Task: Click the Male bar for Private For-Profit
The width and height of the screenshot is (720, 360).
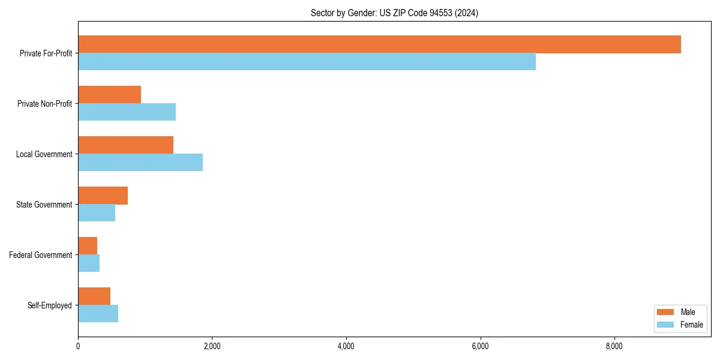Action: [x=379, y=44]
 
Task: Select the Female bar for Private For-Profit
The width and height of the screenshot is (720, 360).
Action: [x=307, y=62]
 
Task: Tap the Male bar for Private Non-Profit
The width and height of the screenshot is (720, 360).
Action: [x=109, y=95]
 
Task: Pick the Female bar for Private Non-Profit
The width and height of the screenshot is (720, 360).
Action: [x=127, y=112]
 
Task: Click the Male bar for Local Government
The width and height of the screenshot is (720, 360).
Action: [x=125, y=145]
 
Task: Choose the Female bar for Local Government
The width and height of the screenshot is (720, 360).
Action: [x=140, y=163]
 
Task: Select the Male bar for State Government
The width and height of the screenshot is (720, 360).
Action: [x=103, y=196]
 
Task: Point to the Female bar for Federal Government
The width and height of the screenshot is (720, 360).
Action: [x=89, y=263]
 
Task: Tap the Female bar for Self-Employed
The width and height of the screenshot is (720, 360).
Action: [x=98, y=314]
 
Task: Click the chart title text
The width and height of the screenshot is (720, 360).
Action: [x=394, y=13]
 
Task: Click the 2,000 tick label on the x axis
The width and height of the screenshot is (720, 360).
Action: [x=212, y=346]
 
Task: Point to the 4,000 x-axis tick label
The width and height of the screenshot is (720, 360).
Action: [x=346, y=346]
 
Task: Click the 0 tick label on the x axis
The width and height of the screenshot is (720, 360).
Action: [x=78, y=346]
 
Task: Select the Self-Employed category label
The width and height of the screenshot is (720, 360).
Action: [x=50, y=305]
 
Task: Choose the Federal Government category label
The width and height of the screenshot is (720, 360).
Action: [x=41, y=255]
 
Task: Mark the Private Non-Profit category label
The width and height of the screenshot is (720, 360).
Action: [x=44, y=104]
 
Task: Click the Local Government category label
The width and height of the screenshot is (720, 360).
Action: [x=44, y=154]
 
